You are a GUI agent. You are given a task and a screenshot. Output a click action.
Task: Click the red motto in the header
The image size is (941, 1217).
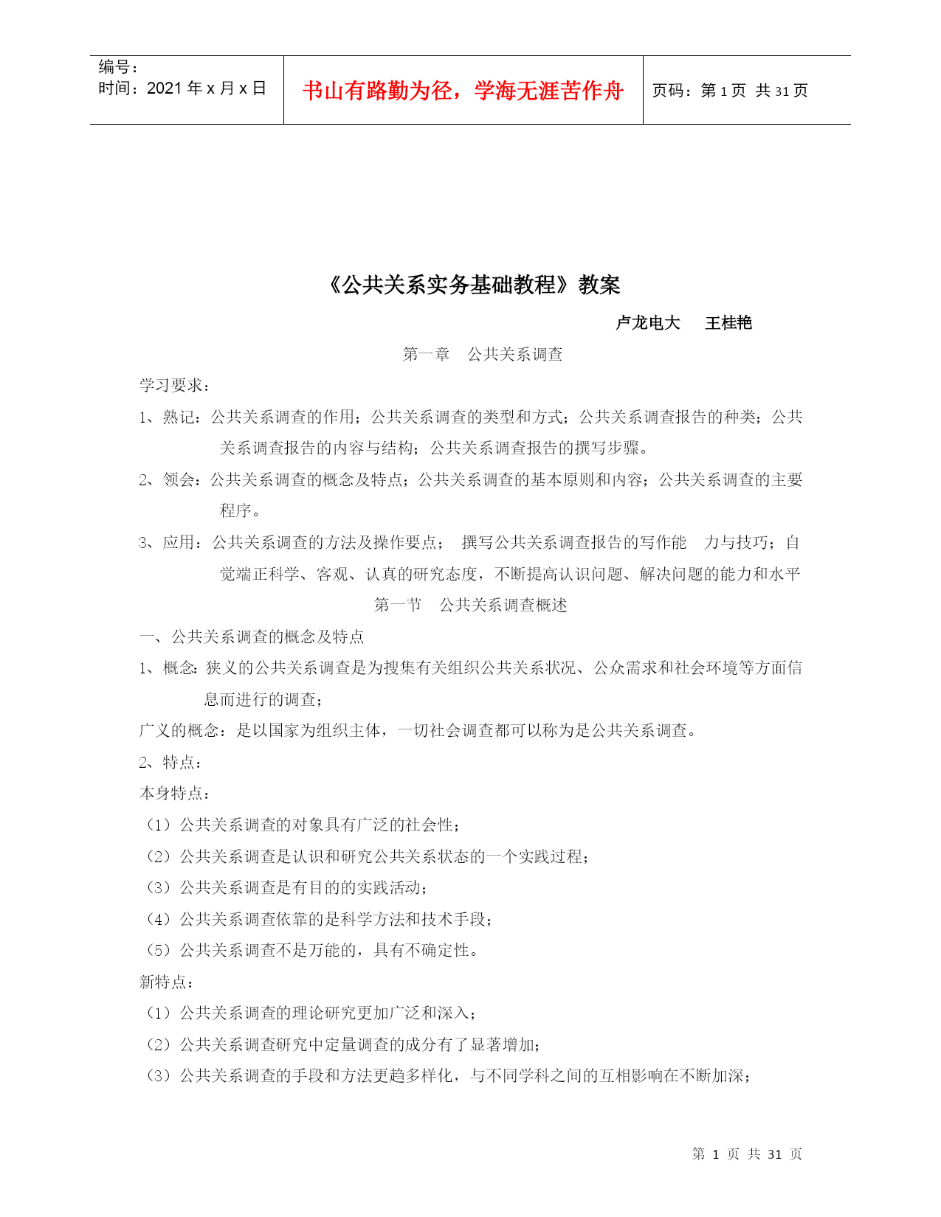coord(463,91)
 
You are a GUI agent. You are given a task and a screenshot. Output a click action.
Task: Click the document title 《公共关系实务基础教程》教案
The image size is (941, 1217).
coord(472,285)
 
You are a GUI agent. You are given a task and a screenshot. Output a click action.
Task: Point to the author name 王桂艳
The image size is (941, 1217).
coord(728,323)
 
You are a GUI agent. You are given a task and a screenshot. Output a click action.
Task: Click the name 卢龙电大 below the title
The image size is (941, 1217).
coord(647,323)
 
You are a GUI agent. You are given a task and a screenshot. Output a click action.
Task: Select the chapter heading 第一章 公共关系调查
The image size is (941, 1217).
coord(483,355)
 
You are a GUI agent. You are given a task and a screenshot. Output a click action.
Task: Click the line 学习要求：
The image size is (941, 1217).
coord(175,386)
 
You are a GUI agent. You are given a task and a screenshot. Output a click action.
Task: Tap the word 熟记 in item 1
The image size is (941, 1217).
coord(178,417)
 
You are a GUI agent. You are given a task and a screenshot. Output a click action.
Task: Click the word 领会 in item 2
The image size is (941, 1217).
coord(178,480)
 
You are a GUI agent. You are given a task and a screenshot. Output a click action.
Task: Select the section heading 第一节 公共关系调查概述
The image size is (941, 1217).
coord(470,606)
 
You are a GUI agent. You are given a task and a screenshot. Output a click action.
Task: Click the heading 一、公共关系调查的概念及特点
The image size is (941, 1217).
coord(252,637)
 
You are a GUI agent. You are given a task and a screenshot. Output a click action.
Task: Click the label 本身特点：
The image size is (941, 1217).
coord(175,794)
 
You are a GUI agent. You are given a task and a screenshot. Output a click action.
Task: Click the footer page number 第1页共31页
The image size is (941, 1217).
coord(747,1154)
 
